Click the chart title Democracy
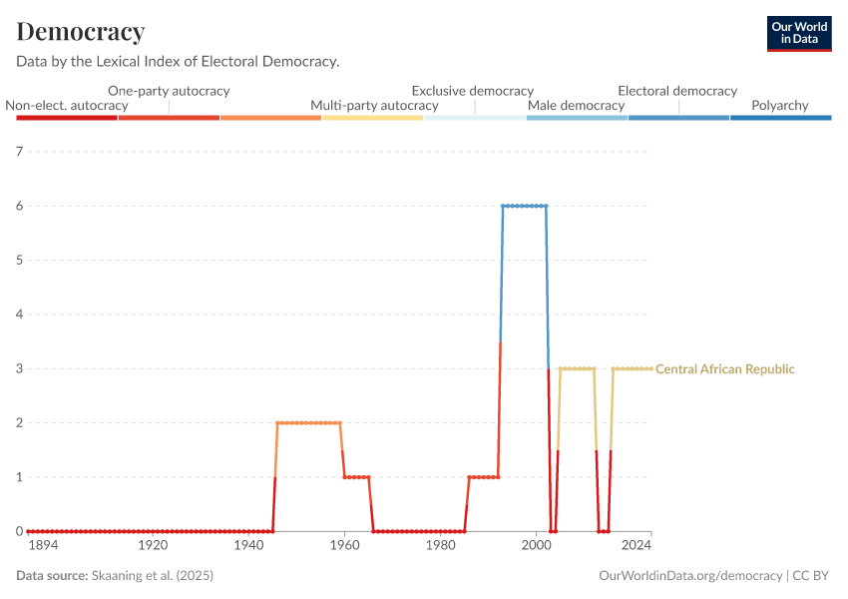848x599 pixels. pyautogui.click(x=81, y=32)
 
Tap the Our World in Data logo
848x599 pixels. pyautogui.click(x=798, y=33)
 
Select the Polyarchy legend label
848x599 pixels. pyautogui.click(x=779, y=105)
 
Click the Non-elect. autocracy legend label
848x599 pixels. pyautogui.click(x=67, y=105)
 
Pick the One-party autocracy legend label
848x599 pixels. pyautogui.click(x=169, y=91)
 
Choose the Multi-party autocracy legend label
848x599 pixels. pyautogui.click(x=374, y=105)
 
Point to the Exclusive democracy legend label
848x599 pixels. pyautogui.click(x=473, y=91)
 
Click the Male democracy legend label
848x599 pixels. pyautogui.click(x=576, y=105)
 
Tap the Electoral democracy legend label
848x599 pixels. pyautogui.click(x=677, y=91)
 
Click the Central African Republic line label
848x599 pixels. pyautogui.click(x=725, y=369)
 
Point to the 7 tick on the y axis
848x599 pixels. pyautogui.click(x=18, y=152)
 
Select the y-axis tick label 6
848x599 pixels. pyautogui.click(x=18, y=206)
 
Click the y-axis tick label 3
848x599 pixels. pyautogui.click(x=18, y=368)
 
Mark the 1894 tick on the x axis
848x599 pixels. pyautogui.click(x=43, y=546)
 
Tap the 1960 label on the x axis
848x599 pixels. pyautogui.click(x=344, y=546)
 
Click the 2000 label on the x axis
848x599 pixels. pyautogui.click(x=536, y=546)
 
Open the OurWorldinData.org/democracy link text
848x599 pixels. pyautogui.click(x=691, y=576)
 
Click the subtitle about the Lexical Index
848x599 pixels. pyautogui.click(x=178, y=61)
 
